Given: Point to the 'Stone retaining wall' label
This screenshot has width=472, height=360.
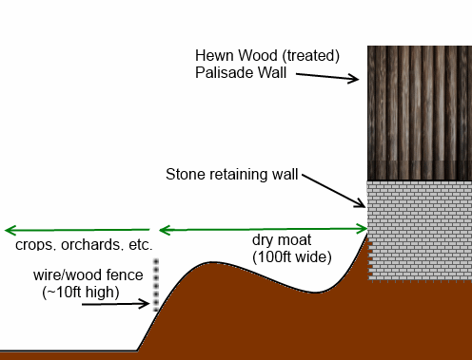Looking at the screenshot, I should [232, 175].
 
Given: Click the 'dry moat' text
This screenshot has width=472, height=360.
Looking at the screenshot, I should [282, 240].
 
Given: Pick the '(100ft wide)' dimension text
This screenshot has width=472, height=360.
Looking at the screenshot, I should [291, 256].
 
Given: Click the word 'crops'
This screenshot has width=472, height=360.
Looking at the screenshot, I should [34, 245].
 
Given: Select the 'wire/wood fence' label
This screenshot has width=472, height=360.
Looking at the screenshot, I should [87, 275].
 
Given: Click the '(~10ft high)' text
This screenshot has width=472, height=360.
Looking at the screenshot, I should [81, 293].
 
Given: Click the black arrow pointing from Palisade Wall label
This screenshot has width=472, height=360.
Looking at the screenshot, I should [324, 78].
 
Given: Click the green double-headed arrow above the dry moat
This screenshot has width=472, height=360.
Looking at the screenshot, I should [263, 229].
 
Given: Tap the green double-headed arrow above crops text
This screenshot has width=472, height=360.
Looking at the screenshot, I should [77, 230].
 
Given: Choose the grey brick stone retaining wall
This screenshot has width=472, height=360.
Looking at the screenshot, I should [419, 229].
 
